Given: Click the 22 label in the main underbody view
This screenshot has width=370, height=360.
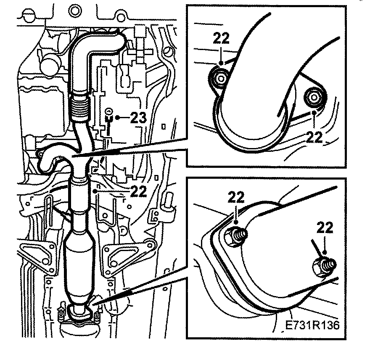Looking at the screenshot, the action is [138, 192].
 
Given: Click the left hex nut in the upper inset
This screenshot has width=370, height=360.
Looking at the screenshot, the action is [219, 77].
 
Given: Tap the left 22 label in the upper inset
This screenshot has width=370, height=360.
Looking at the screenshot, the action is [221, 39].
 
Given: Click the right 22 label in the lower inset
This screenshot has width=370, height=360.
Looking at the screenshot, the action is [324, 228].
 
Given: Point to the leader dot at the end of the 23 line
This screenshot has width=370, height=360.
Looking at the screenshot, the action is [119, 118].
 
